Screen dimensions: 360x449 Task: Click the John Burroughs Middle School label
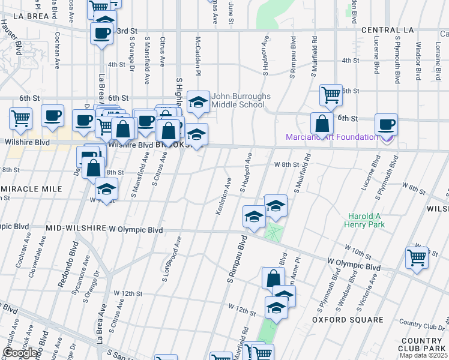click(237, 100)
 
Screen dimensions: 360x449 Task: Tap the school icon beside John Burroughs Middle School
click(198, 103)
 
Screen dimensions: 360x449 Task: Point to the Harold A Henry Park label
click(364, 220)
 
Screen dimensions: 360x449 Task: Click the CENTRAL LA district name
click(384, 31)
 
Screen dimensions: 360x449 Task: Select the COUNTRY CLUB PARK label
click(423, 344)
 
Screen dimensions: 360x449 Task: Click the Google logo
click(20, 352)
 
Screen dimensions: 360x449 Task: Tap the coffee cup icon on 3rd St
click(101, 31)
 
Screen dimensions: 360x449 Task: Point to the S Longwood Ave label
click(172, 259)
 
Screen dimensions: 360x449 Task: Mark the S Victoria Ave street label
click(367, 293)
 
